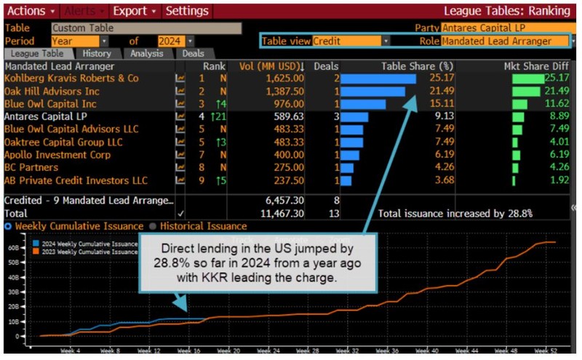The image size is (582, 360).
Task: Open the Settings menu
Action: coord(187,11)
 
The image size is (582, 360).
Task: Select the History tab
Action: coord(97,54)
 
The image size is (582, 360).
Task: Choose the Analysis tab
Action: coord(147,54)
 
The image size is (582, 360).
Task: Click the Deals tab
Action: coord(193,54)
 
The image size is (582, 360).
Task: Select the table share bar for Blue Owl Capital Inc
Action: coord(363,104)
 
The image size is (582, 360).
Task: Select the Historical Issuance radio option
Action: coord(194,227)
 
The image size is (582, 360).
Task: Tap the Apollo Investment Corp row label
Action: coord(57,155)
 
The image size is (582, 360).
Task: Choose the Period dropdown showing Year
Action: coord(75,41)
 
